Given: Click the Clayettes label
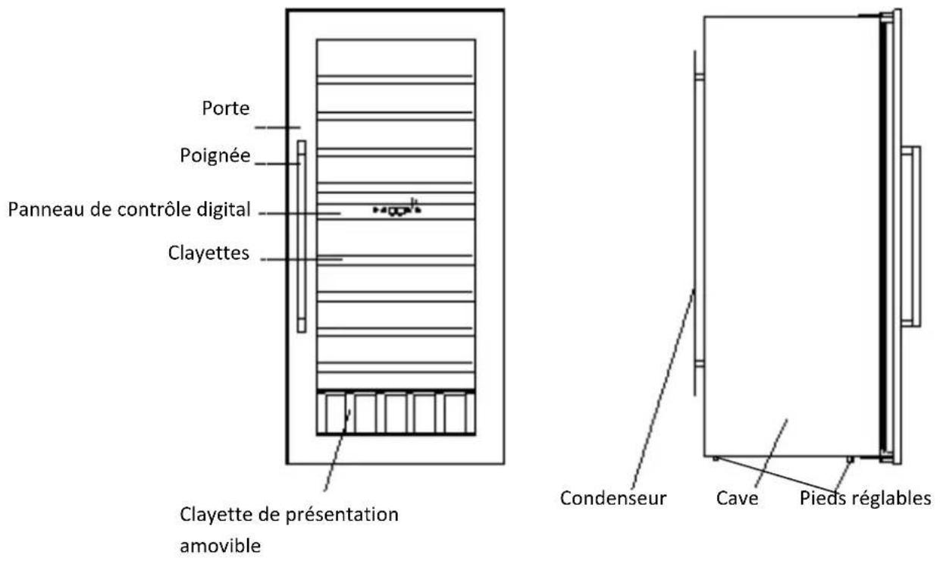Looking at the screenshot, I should pos(209,253).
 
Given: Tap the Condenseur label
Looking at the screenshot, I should pos(613,500).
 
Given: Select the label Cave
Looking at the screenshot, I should pos(738,500).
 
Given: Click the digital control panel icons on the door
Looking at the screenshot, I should pos(396,210).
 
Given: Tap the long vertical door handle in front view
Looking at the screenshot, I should pos(301,236).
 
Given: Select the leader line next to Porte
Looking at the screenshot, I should pos(277,127).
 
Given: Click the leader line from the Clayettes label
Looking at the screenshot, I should pos(303,259).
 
